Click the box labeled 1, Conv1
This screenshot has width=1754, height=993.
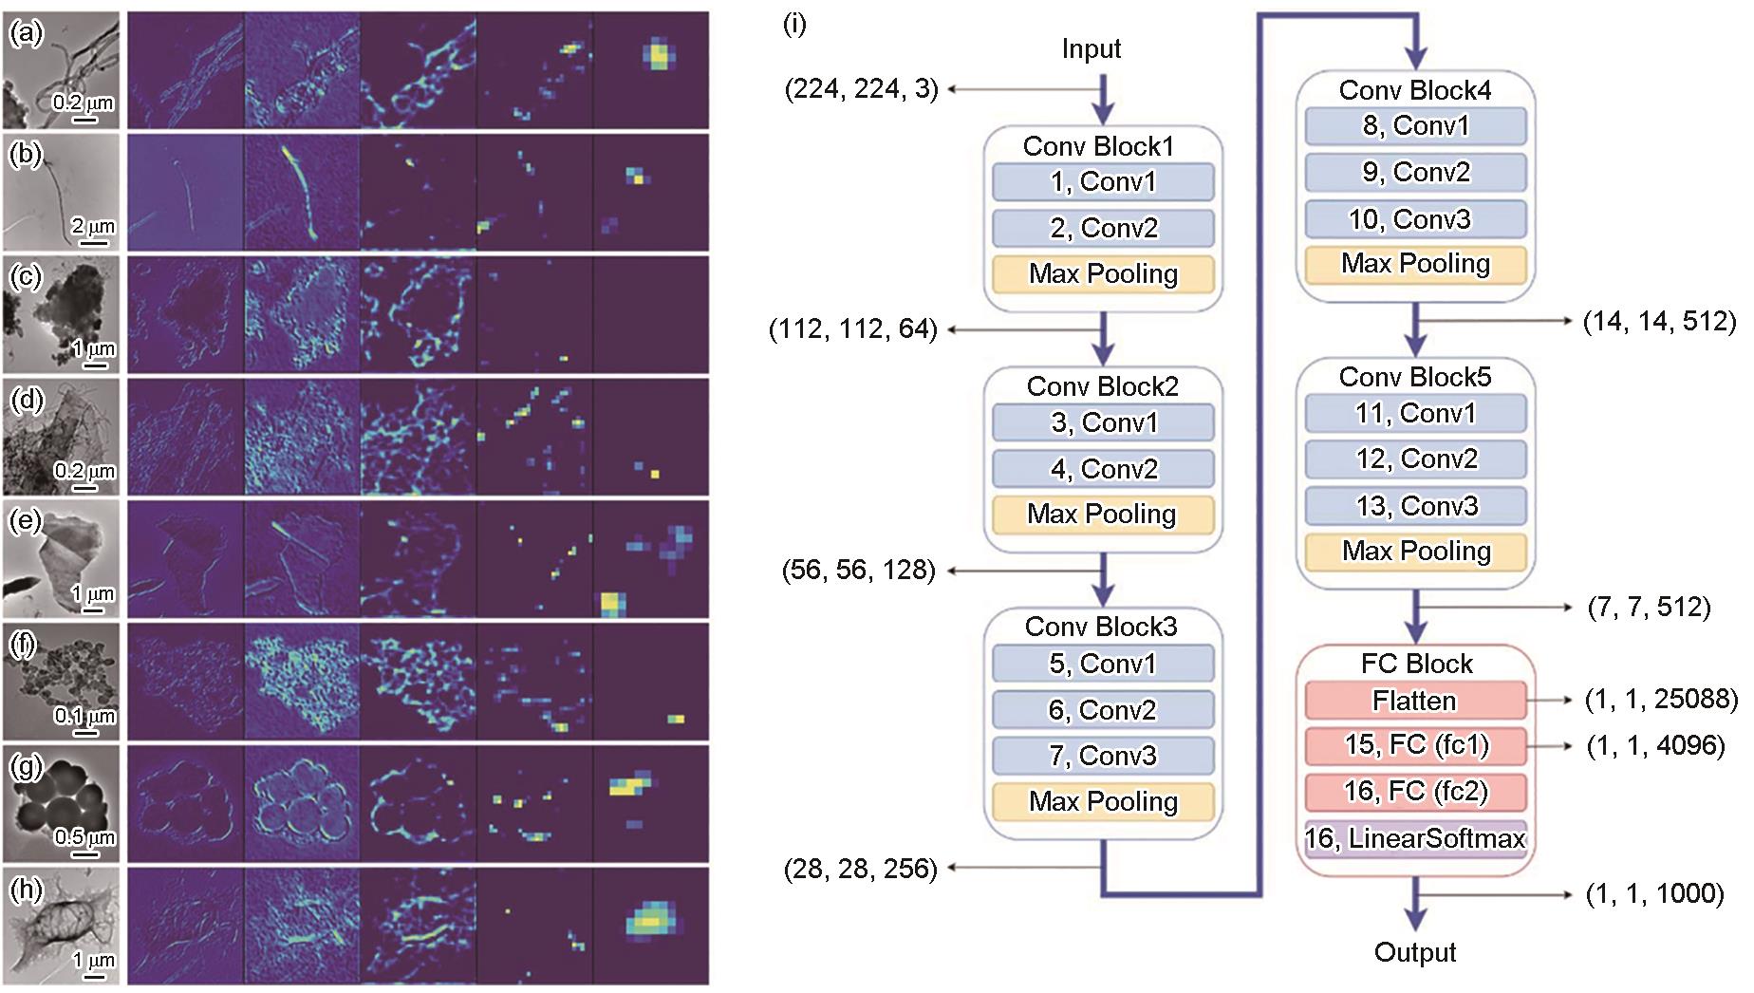click(1103, 181)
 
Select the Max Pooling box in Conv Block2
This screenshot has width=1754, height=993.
click(1103, 515)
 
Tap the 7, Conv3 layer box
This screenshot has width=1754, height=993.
click(1103, 756)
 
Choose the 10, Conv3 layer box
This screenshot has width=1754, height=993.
click(1415, 219)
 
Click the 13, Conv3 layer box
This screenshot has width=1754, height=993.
click(1415, 506)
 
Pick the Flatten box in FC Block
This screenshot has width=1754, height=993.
click(1415, 701)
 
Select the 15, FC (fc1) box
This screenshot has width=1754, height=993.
click(1415, 745)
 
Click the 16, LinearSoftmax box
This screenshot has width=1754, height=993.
click(1415, 838)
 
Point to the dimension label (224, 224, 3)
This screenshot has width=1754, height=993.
click(861, 89)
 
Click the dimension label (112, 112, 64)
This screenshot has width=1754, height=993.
click(853, 329)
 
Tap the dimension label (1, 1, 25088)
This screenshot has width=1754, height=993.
click(1661, 700)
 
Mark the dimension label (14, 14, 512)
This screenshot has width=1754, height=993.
click(1660, 322)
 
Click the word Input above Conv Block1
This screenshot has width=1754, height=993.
click(1092, 48)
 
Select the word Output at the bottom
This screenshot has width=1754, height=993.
click(1415, 952)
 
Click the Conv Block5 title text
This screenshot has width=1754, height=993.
click(1415, 377)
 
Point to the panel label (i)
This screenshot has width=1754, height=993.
click(794, 24)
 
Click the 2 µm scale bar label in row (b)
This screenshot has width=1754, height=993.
click(93, 227)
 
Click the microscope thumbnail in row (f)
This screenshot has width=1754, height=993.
click(61, 681)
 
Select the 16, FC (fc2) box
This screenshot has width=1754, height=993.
click(1415, 792)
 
